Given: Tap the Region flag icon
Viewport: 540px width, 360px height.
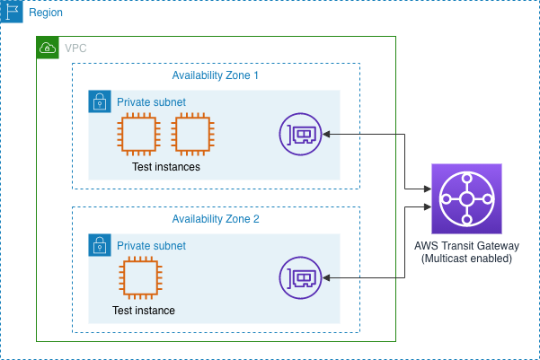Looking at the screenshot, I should pos(12,13).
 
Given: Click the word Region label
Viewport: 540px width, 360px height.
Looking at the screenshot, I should pos(46,13).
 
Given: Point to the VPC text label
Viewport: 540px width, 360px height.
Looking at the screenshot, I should pos(75,48).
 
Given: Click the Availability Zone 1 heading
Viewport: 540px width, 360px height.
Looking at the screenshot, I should pos(215,75).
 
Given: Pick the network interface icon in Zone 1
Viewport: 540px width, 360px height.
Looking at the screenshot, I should pos(301,135).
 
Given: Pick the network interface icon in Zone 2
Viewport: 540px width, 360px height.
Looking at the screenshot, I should pos(301,278).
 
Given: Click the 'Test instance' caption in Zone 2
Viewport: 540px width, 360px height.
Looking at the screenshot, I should pos(144,311).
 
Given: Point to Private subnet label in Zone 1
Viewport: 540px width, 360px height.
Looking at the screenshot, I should pos(151,102).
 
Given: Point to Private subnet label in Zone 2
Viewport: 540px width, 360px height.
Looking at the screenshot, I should pos(151,246).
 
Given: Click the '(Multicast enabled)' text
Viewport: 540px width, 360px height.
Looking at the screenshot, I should pos(466,259).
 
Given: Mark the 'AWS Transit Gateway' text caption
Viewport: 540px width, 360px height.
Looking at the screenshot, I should pos(466,246).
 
